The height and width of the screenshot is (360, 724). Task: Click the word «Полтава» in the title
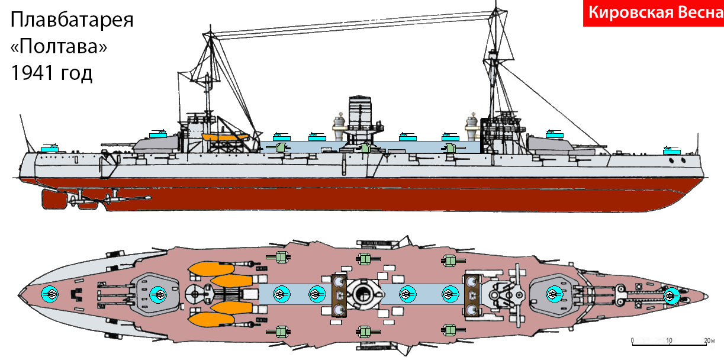pyautogui.click(x=59, y=46)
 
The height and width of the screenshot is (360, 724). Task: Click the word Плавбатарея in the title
pyautogui.click(x=72, y=20)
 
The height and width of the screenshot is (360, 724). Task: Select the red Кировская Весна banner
pyautogui.click(x=653, y=13)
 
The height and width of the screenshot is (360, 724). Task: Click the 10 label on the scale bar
pyautogui.click(x=669, y=340)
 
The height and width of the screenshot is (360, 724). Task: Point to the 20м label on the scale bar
pyautogui.click(x=710, y=340)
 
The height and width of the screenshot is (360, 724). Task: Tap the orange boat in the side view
pyautogui.click(x=226, y=137)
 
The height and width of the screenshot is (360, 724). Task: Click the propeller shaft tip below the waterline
pyautogui.click(x=148, y=197)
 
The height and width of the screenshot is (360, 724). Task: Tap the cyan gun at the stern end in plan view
pyautogui.click(x=50, y=294)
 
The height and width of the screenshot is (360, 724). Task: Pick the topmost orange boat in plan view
pyautogui.click(x=211, y=269)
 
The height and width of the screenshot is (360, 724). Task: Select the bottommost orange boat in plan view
pyautogui.click(x=211, y=319)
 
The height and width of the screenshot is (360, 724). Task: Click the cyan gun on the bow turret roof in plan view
pyautogui.click(x=555, y=294)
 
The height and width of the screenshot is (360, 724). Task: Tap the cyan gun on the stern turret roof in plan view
pyautogui.click(x=159, y=294)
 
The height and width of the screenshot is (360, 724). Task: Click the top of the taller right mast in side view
pyautogui.click(x=496, y=2)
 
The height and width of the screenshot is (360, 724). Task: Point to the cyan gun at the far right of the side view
pyautogui.click(x=672, y=150)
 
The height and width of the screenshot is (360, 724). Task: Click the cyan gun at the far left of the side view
pyautogui.click(x=50, y=149)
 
